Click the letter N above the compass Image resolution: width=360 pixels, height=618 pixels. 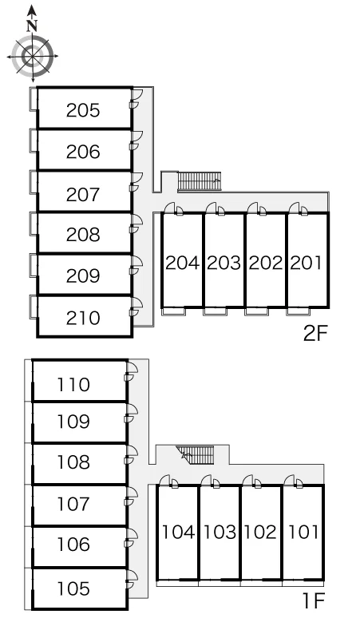tap(32, 26)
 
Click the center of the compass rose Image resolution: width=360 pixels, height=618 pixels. tap(32, 56)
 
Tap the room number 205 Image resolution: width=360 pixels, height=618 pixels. tap(83, 110)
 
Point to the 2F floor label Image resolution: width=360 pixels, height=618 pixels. tap(315, 334)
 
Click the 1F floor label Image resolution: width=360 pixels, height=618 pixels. tap(314, 601)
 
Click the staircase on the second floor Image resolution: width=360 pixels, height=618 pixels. tap(200, 181)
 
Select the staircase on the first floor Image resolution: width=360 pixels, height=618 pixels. tap(196, 456)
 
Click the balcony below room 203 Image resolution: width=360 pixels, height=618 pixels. tap(216, 311)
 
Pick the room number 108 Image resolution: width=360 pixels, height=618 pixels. tap(73, 462)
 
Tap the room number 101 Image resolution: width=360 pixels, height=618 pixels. tap(303, 532)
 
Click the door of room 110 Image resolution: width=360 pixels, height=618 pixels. tap(132, 371)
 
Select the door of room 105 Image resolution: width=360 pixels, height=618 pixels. tap(132, 580)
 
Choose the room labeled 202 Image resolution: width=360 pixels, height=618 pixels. tap(266, 263)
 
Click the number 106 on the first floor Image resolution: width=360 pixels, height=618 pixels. tap(73, 545)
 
